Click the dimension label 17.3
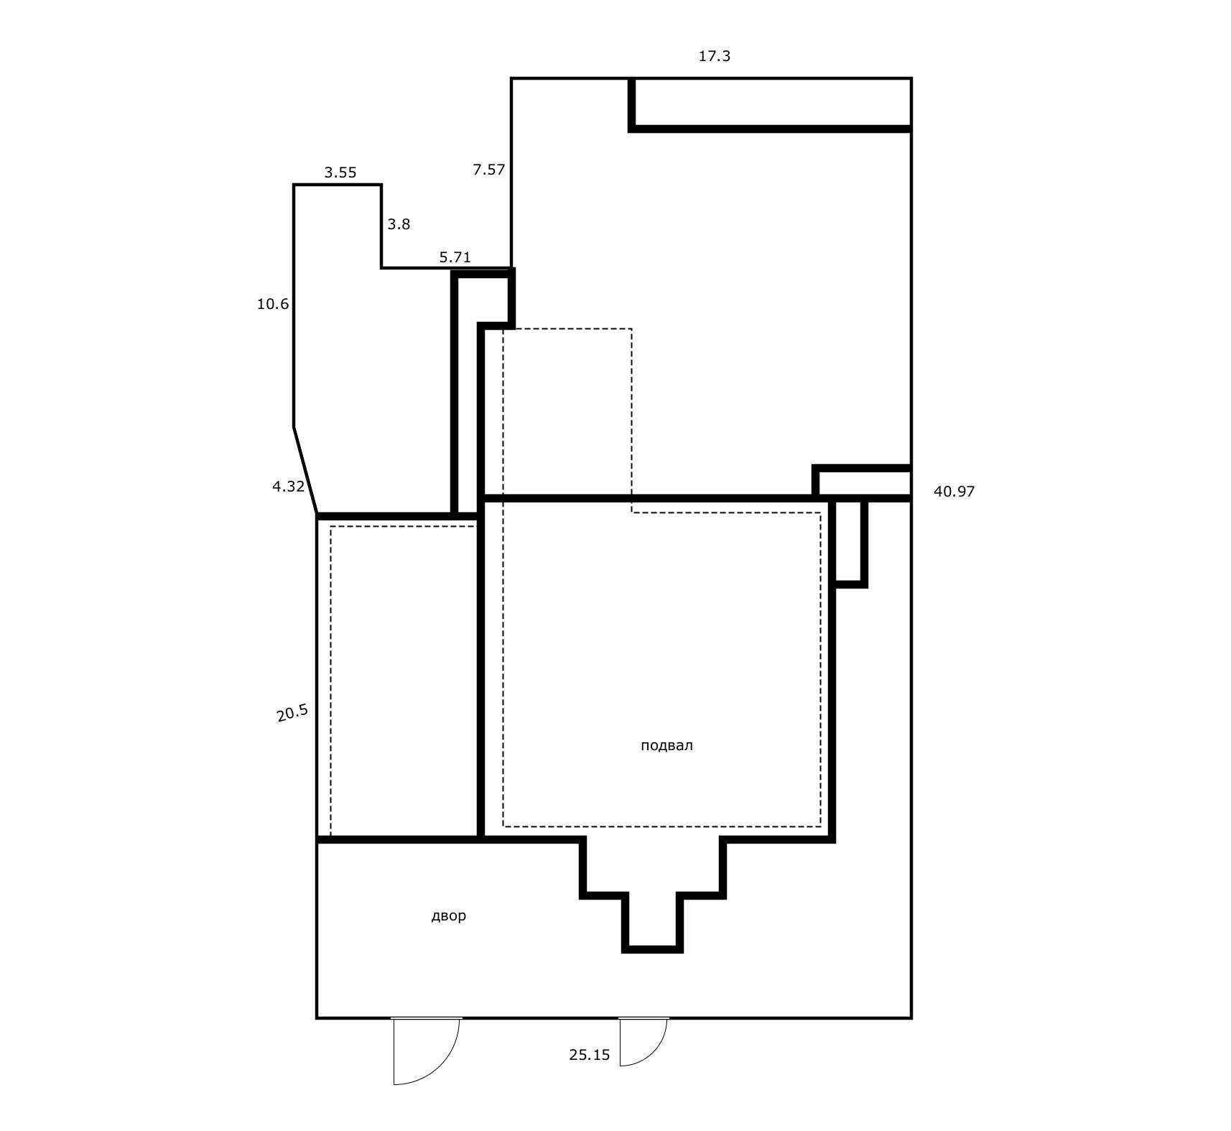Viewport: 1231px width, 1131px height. coord(714,56)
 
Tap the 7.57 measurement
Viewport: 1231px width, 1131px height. coord(488,170)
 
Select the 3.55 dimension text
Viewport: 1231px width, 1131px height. coord(340,172)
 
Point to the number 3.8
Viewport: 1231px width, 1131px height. coord(399,224)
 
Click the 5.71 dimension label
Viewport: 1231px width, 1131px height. coord(455,257)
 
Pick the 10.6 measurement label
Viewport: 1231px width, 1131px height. coord(273,304)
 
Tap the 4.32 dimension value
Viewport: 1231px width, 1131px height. coord(288,486)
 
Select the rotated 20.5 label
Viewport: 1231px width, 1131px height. coord(292,713)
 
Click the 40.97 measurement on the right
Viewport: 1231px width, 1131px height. coord(954,491)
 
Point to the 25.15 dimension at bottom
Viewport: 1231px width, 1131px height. coord(589,1055)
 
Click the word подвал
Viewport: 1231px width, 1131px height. coord(666,745)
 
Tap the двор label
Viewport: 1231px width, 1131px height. coord(448,915)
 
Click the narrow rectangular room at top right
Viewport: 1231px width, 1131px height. coord(773,102)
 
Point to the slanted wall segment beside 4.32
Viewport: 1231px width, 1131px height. coord(305,471)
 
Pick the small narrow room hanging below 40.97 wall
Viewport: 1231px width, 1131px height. coord(850,540)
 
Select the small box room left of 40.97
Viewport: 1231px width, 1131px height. coord(865,482)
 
